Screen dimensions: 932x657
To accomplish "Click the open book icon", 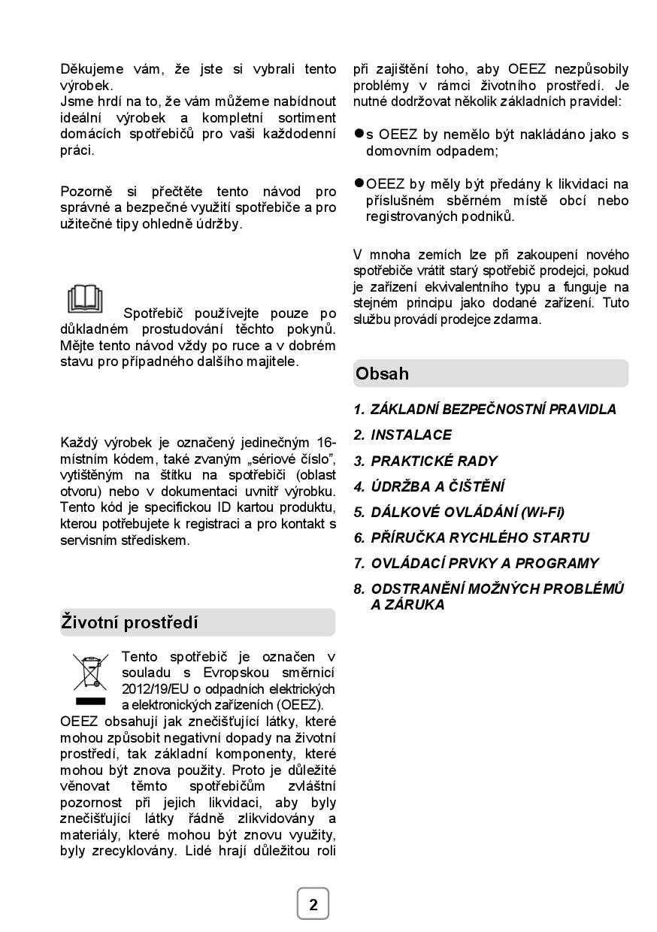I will click(x=85, y=299).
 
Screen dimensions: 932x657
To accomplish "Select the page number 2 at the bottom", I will click(x=313, y=904).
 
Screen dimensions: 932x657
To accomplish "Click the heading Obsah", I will click(x=383, y=374).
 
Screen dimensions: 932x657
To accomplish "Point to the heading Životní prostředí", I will click(x=129, y=622).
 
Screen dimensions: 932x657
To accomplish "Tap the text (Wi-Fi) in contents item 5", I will click(x=540, y=512).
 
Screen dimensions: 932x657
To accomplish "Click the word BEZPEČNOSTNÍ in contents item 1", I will click(x=493, y=409).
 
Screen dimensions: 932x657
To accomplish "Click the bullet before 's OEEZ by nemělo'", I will click(x=359, y=134).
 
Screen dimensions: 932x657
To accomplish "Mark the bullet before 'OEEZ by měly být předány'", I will click(x=359, y=183).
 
